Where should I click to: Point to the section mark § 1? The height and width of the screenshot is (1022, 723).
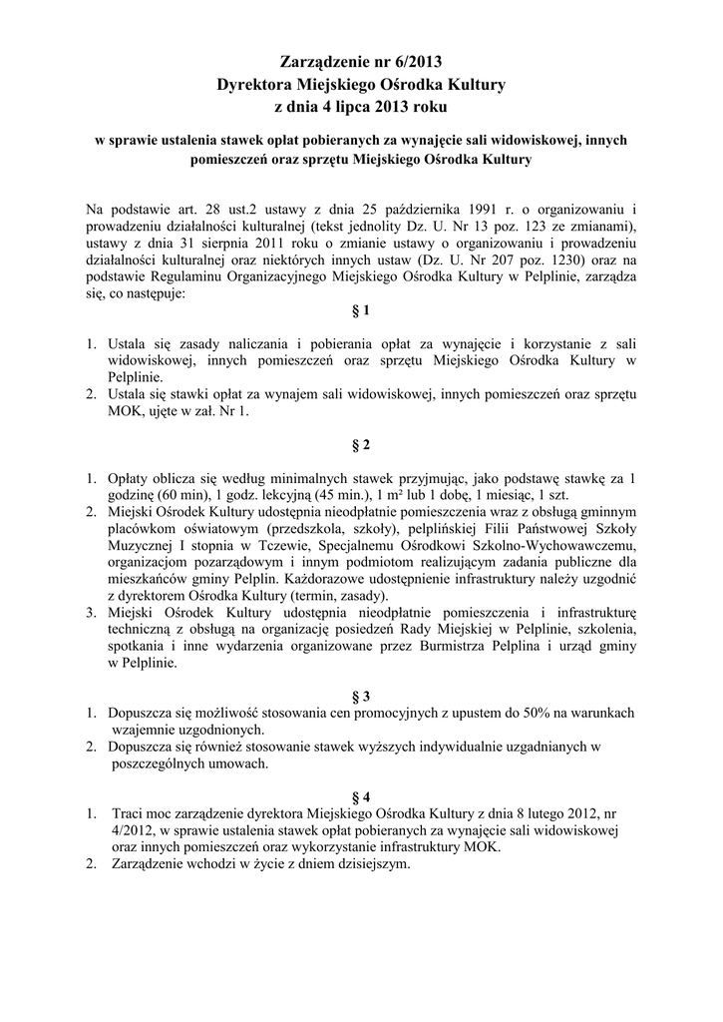tap(361, 310)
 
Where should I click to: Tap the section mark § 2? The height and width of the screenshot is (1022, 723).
tap(361, 443)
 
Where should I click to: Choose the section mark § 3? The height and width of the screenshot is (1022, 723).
tap(361, 695)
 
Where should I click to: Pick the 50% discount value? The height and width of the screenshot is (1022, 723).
tap(525, 713)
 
